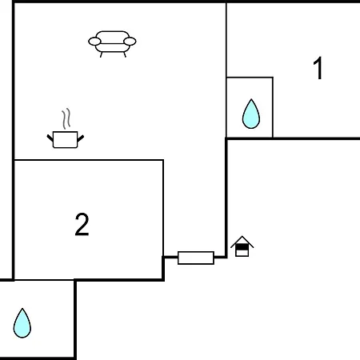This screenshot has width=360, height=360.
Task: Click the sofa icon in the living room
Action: tap(112, 44)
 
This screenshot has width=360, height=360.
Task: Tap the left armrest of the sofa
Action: tap(94, 42)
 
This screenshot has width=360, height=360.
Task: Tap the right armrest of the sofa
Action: tap(130, 42)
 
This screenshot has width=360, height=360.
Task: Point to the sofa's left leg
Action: tap(101, 54)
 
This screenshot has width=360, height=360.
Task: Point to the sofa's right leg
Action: tap(125, 54)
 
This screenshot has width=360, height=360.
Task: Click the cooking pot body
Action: tap(66, 139)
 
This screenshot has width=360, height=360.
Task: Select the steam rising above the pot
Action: tap(66, 118)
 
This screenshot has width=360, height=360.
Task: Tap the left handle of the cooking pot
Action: tap(50, 138)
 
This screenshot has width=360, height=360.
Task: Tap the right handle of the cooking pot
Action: tap(81, 138)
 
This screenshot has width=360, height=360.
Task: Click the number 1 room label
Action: tap(318, 68)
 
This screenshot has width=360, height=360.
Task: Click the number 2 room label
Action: tap(82, 224)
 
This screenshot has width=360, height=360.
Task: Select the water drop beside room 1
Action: tap(251, 114)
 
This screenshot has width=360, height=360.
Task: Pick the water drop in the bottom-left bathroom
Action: tap(22, 323)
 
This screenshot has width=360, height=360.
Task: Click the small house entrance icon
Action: tap(242, 246)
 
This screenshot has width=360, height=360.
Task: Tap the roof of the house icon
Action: tap(242, 242)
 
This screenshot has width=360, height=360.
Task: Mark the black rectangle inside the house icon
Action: tap(242, 247)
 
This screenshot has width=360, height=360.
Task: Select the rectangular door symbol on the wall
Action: tap(196, 258)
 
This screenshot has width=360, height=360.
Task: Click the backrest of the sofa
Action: tap(112, 38)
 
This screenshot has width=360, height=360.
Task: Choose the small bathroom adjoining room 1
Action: tap(250, 107)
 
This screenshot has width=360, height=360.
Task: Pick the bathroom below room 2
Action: tap(38, 319)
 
